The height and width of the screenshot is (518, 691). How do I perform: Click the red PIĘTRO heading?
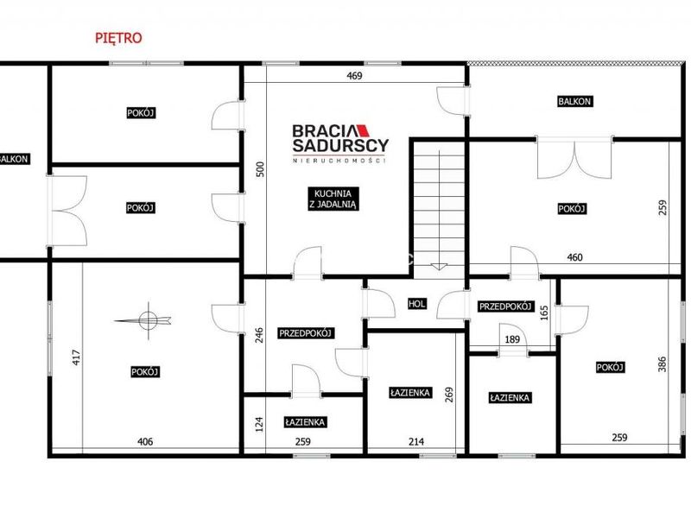tap(118, 38)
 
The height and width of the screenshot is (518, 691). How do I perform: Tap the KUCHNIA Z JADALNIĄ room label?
tap(333, 199)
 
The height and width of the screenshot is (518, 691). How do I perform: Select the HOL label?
tap(417, 304)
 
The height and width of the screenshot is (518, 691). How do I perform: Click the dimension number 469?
tap(354, 76)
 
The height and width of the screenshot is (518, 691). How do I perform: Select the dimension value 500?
tap(260, 169)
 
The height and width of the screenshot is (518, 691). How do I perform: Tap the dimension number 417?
tap(76, 357)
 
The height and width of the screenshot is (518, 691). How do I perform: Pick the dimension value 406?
tap(145, 441)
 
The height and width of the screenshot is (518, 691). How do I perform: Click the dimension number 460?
tap(574, 257)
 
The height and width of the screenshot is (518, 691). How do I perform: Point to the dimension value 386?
tap(662, 364)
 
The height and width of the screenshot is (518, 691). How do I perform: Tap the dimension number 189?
tap(512, 339)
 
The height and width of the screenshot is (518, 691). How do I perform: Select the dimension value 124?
tap(259, 424)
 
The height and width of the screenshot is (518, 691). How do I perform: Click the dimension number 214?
tap(416, 441)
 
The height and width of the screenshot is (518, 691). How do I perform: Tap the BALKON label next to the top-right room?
tap(574, 101)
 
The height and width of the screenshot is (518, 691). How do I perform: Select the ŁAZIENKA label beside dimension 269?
tap(409, 393)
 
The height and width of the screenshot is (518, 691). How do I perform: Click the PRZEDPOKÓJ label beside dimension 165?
tap(506, 306)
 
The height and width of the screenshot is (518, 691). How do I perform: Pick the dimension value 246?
tap(259, 335)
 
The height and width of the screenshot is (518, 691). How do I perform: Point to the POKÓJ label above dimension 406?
tap(145, 372)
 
